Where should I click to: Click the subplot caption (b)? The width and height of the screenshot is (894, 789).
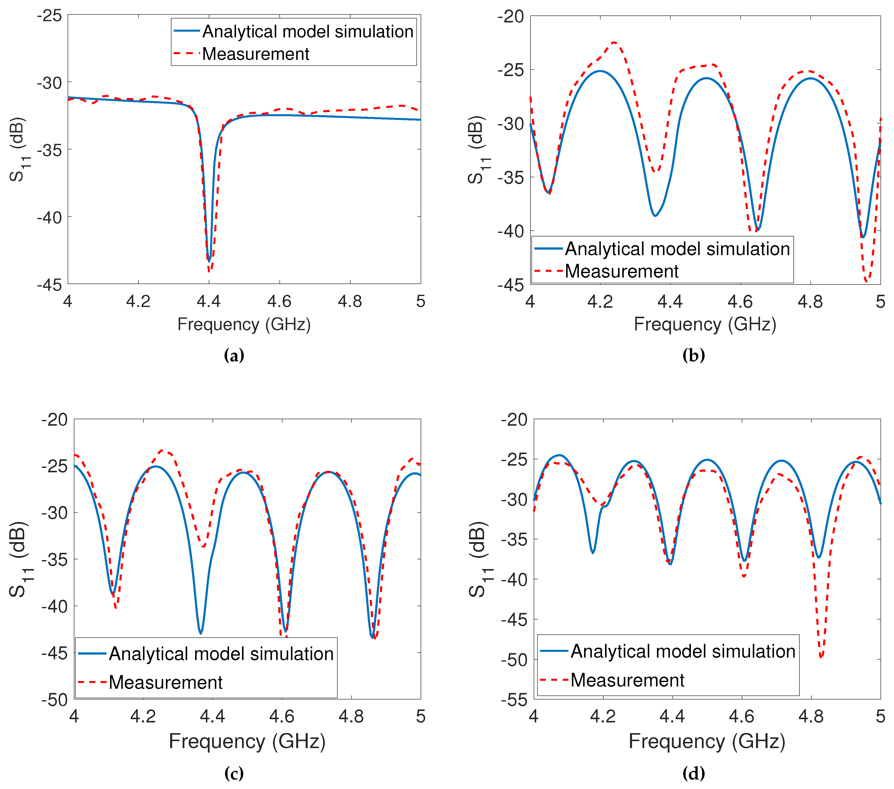[x=694, y=355]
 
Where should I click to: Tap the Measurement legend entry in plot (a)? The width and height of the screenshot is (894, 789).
[x=255, y=54]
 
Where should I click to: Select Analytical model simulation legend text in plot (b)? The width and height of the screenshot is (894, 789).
[x=677, y=249]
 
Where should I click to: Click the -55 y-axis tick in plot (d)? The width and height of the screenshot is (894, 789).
[x=514, y=700]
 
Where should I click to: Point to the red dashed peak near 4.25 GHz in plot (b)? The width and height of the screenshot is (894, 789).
[x=615, y=42]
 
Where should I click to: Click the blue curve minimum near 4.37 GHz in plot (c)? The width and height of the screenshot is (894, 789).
[x=201, y=633]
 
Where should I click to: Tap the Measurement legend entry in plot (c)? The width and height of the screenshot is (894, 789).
[x=165, y=682]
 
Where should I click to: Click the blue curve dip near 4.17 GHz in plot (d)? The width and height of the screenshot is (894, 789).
[x=593, y=553]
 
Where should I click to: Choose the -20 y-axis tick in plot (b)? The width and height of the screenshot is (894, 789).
[x=511, y=17]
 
